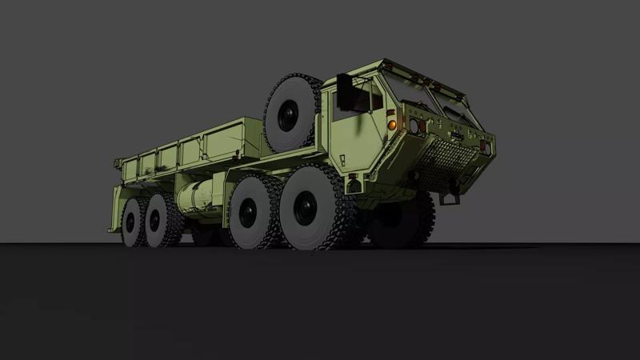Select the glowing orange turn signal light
392,125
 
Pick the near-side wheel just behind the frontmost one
244,214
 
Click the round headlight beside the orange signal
413,126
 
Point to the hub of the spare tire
286,116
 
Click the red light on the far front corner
485,146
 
